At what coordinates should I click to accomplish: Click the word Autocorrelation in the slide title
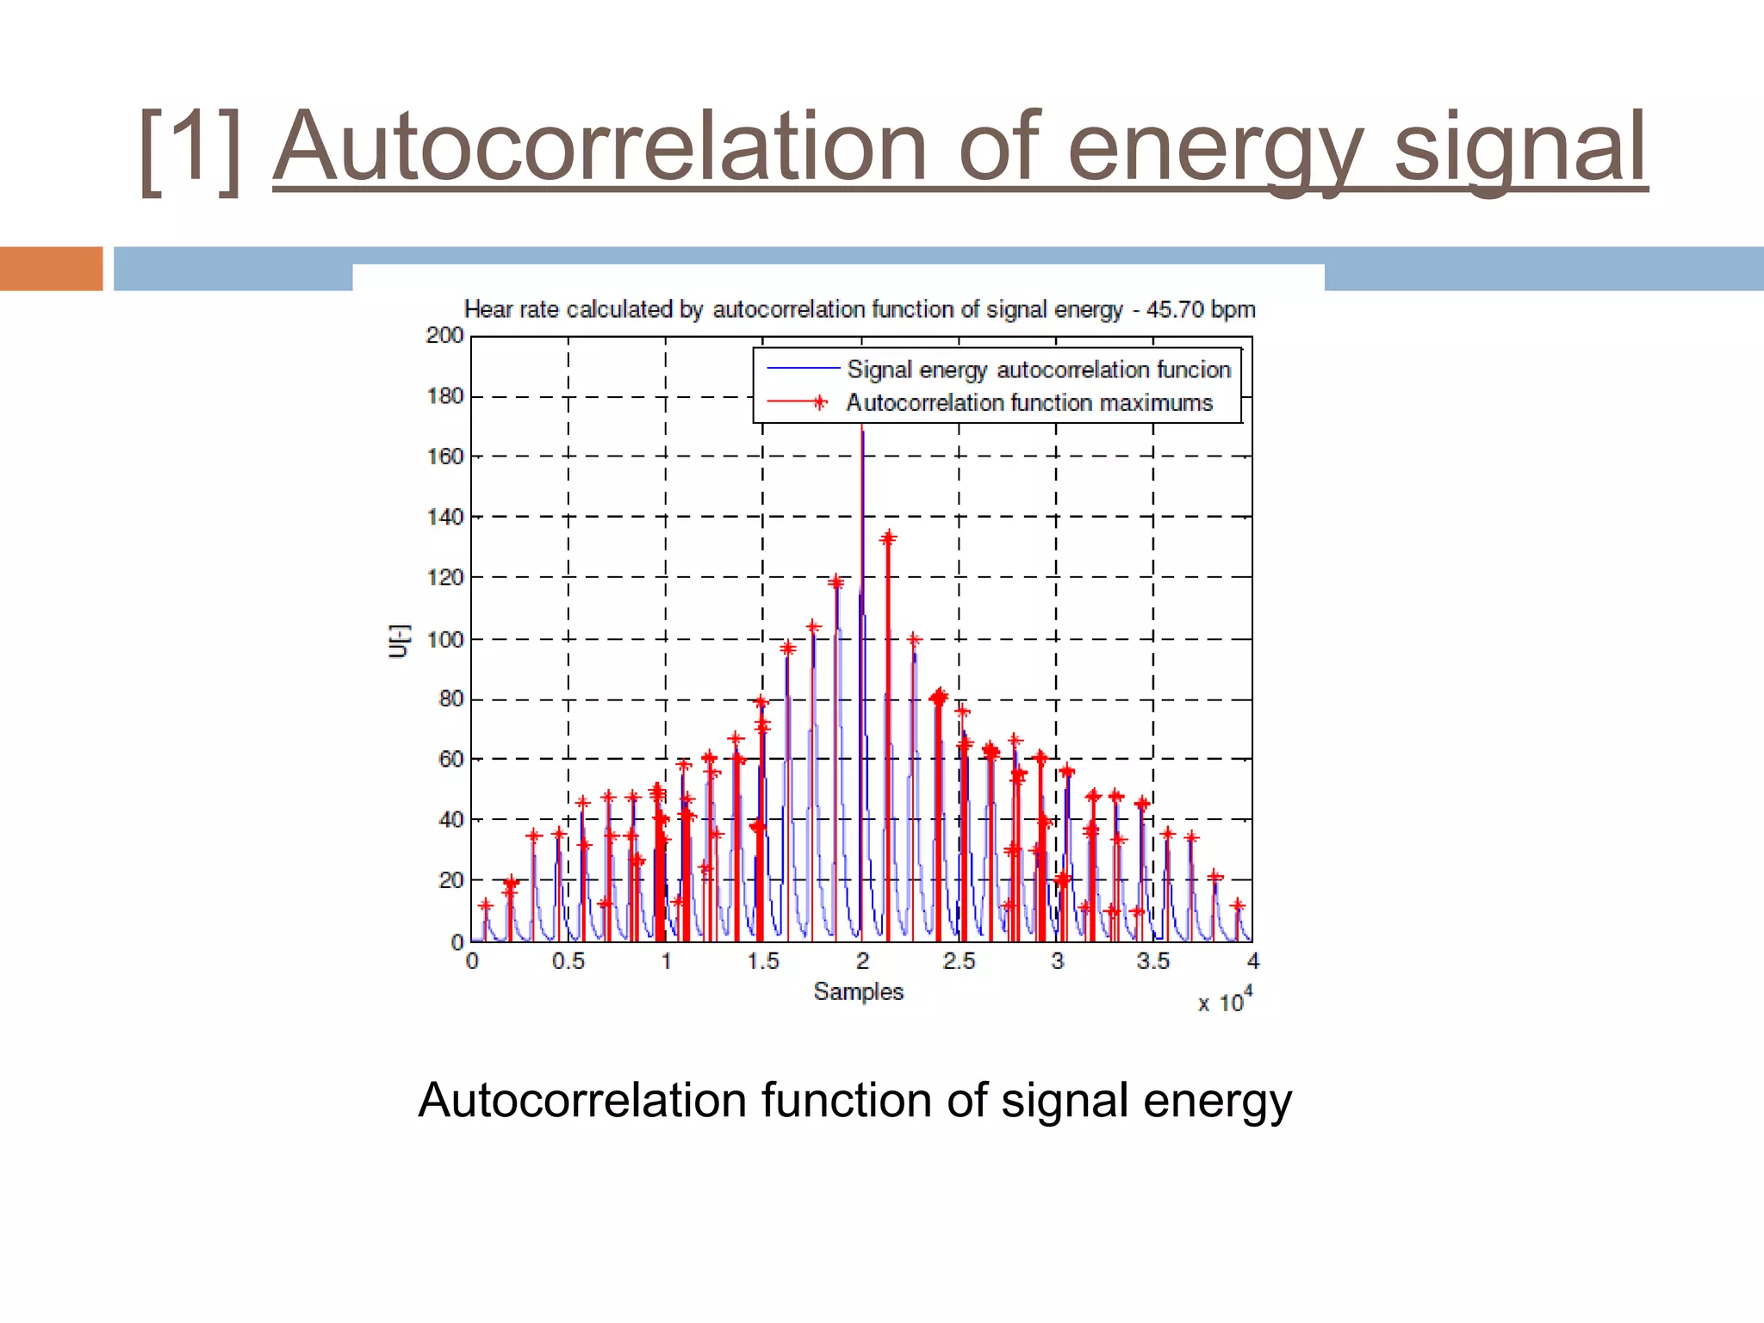click(600, 148)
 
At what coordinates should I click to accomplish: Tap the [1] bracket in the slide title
click(190, 152)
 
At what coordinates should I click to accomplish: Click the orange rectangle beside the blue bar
click(51, 269)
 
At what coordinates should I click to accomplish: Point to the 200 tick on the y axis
click(444, 336)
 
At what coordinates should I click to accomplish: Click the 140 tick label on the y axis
click(444, 517)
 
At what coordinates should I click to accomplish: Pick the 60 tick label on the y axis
click(450, 759)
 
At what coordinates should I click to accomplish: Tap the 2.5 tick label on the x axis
click(959, 961)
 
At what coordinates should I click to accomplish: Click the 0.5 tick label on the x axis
click(568, 961)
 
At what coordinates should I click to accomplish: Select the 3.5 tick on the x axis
click(1153, 961)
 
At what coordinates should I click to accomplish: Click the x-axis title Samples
click(858, 991)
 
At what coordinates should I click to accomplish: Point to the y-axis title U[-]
click(399, 641)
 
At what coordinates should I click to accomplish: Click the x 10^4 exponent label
click(1225, 1001)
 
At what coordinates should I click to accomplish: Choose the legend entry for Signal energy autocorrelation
click(1038, 370)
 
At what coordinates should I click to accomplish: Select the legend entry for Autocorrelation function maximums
click(1028, 402)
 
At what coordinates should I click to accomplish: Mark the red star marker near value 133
click(888, 538)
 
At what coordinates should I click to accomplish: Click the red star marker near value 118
click(835, 583)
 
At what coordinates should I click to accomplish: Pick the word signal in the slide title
click(1519, 148)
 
